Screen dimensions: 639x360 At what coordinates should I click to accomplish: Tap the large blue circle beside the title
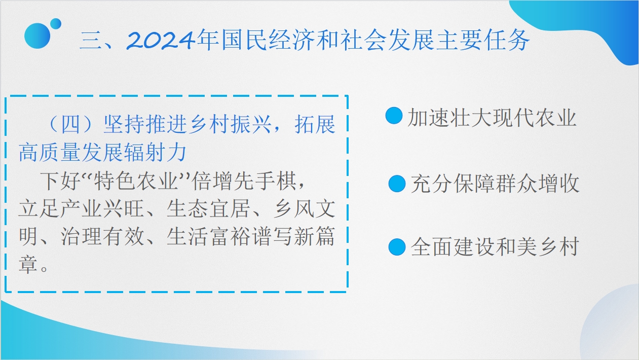(x=37, y=36)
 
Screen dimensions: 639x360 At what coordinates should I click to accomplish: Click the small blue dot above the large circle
(x=56, y=24)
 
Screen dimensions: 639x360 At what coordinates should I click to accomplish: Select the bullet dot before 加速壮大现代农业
(x=394, y=116)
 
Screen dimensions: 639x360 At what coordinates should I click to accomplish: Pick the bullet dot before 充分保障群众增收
(x=397, y=184)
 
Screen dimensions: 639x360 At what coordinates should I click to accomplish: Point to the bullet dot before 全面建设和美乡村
(x=397, y=246)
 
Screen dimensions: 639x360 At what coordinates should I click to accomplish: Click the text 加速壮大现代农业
(x=493, y=117)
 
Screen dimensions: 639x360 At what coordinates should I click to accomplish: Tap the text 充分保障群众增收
(x=495, y=183)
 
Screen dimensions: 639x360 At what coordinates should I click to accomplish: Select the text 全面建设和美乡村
(x=495, y=246)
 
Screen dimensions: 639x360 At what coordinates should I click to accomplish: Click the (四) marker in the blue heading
(x=70, y=125)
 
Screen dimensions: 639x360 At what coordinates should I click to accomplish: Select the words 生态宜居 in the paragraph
(x=208, y=209)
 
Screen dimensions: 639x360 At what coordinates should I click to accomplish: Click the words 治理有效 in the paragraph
(x=102, y=236)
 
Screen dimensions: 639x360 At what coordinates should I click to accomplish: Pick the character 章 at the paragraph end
(x=28, y=264)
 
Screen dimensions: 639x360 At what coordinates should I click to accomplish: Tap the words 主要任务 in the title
(x=483, y=40)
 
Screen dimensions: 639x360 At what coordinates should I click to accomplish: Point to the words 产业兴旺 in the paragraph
(x=102, y=209)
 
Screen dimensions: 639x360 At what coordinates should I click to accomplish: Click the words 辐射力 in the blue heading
(x=155, y=153)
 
